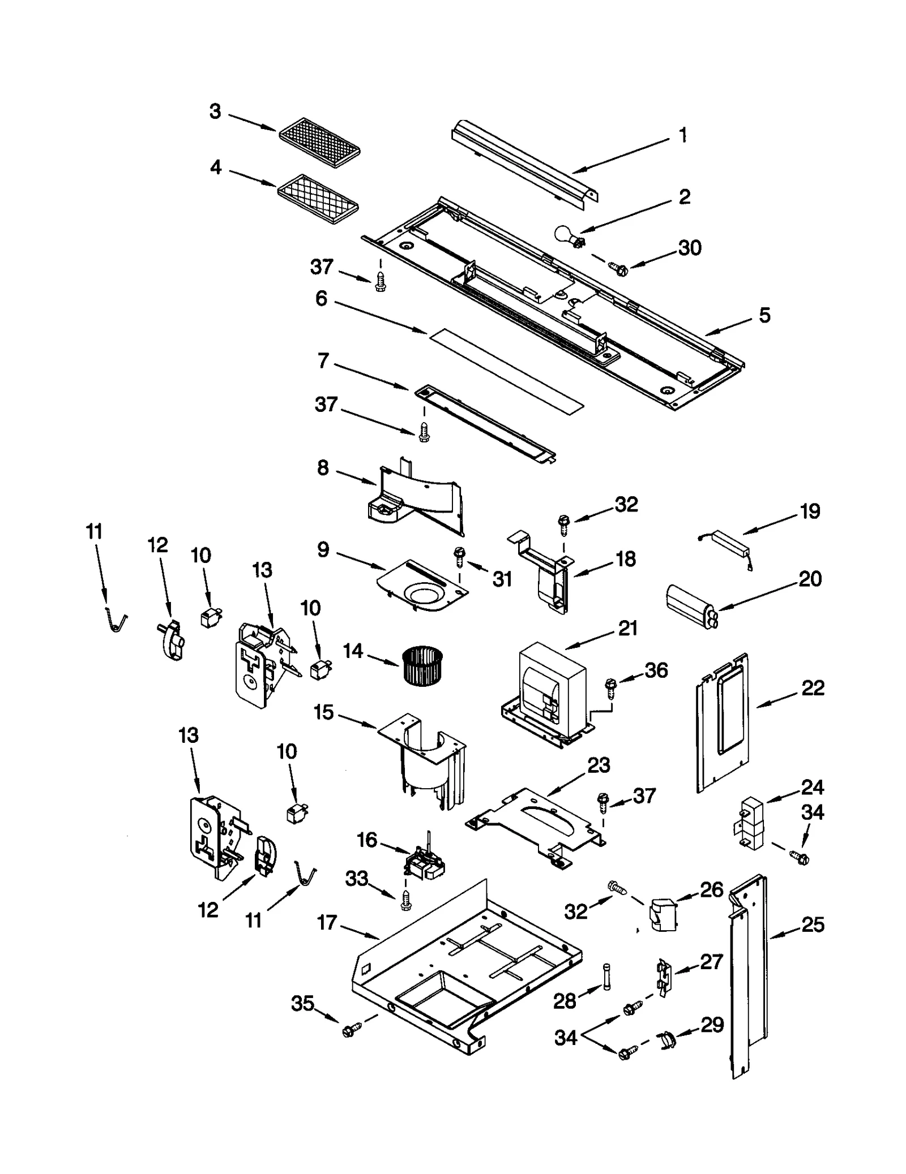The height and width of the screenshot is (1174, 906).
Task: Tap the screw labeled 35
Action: [349, 1031]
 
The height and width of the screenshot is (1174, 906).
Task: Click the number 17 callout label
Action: [327, 923]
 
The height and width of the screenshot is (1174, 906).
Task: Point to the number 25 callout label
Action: [813, 924]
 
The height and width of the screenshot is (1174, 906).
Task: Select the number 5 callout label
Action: [764, 315]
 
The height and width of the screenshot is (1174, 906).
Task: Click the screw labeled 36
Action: [611, 686]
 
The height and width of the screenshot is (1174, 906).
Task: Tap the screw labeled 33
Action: [405, 901]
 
